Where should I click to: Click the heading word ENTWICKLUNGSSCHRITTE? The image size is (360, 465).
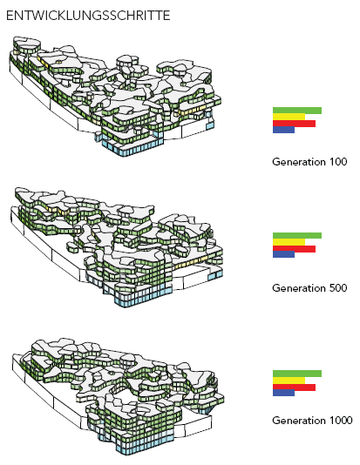[x=88, y=16]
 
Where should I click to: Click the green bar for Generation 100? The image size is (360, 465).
[x=297, y=111]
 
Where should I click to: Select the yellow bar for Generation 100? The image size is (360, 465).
[x=289, y=117]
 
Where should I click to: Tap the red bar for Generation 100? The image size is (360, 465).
[x=294, y=124]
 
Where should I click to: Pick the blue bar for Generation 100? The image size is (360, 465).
[x=283, y=130]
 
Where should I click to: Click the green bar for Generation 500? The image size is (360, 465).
[x=297, y=236]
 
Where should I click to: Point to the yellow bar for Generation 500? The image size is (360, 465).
[x=289, y=242]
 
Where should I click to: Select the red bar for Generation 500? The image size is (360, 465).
[x=294, y=249]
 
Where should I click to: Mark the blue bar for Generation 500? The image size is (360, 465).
[x=283, y=254]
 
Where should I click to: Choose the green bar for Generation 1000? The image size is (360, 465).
[x=297, y=374]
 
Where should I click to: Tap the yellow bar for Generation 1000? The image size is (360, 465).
[x=289, y=381]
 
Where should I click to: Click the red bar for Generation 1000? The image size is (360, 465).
[x=294, y=387]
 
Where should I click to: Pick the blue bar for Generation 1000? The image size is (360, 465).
[x=283, y=393]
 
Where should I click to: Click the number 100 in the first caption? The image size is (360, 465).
[x=338, y=162]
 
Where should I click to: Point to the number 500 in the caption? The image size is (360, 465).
[x=338, y=288]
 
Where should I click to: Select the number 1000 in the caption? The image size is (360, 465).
[x=341, y=421]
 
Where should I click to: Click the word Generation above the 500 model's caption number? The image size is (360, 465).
[x=299, y=288]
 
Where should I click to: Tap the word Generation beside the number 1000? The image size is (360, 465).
[x=299, y=421]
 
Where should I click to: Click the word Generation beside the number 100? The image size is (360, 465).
[x=299, y=162]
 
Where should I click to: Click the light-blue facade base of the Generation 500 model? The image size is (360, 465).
[x=142, y=298]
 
